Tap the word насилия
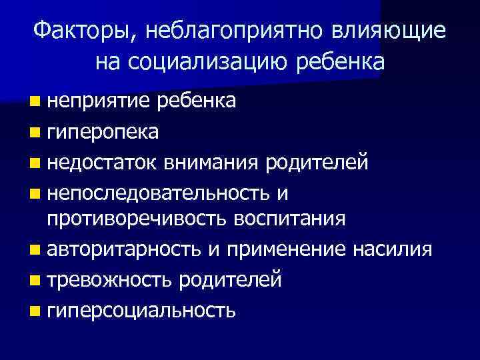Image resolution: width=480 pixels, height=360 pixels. pyautogui.click(x=393, y=249)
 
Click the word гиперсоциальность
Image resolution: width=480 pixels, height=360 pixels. pyautogui.click(x=141, y=309)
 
